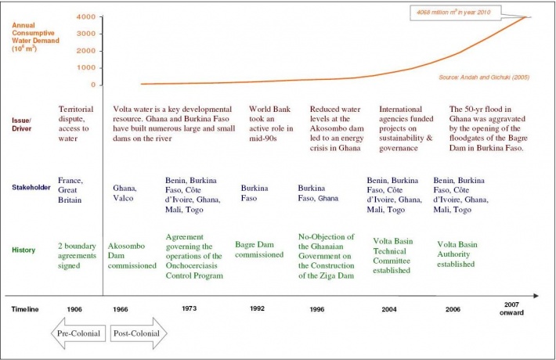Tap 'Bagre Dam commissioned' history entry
pyautogui.click(x=259, y=249)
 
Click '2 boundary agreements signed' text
pyautogui.click(x=77, y=255)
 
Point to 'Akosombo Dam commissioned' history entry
pyautogui.click(x=132, y=255)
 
